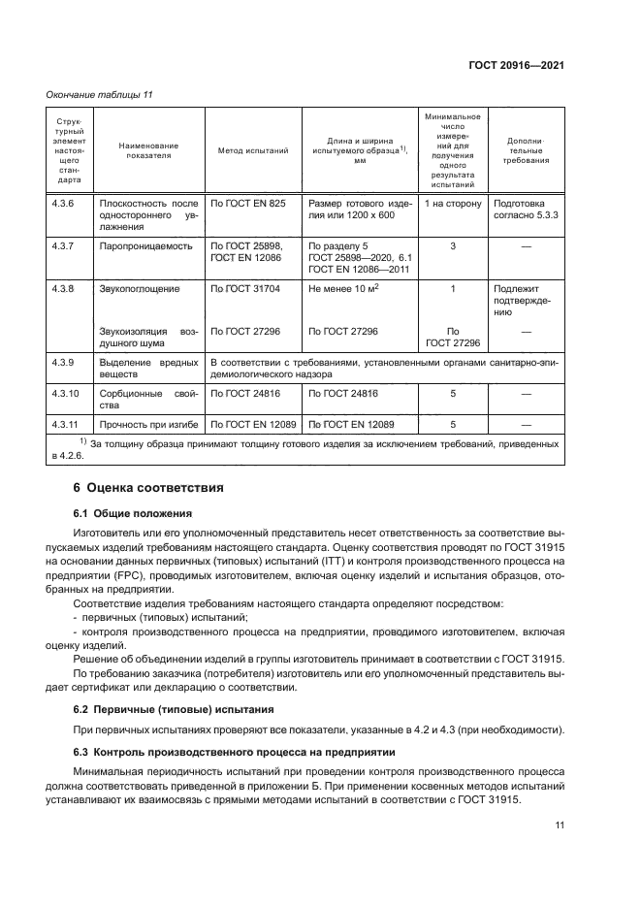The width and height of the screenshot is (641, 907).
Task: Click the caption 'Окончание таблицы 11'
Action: coord(99,94)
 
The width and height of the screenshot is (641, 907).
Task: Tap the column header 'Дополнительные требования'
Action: coord(528,151)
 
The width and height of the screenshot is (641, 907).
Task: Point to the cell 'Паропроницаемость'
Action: coord(145,246)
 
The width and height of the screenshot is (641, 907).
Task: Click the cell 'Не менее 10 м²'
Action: coord(343,289)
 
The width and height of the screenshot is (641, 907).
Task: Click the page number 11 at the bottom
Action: coord(559,825)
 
